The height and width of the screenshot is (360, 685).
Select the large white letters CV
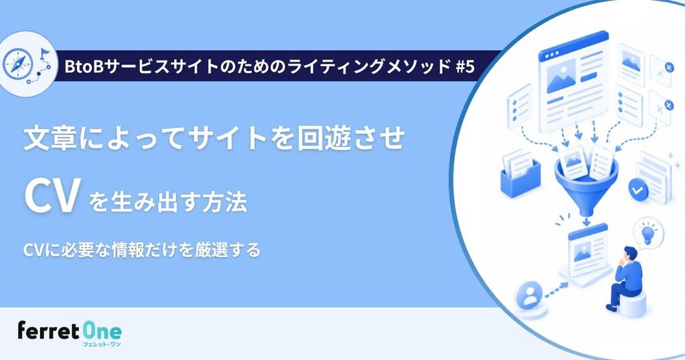pyautogui.click(x=51, y=197)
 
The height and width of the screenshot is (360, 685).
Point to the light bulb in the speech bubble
pyautogui.click(x=647, y=234)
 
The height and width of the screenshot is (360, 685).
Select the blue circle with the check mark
pyautogui.click(x=638, y=189)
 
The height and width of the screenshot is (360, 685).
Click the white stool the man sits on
pyautogui.click(x=633, y=303)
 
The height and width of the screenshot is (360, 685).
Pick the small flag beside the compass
pyautogui.click(x=44, y=54)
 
